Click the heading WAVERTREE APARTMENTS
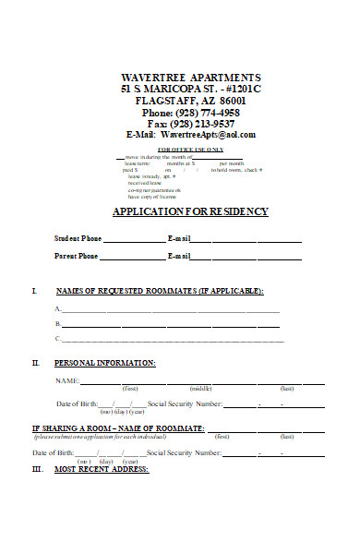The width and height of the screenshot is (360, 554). [191, 76]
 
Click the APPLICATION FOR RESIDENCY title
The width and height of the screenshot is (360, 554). [190, 211]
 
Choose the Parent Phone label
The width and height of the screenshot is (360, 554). [77, 256]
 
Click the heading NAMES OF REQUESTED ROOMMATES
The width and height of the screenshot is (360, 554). [160, 291]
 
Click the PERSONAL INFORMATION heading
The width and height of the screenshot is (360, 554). [105, 363]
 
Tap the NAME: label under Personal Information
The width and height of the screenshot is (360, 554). [66, 380]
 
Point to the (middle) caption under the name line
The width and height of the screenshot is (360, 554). [201, 389]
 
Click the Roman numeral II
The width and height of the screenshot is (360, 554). [36, 363]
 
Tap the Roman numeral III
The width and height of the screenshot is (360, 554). [37, 469]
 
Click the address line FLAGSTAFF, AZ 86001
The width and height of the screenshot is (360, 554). [191, 100]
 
